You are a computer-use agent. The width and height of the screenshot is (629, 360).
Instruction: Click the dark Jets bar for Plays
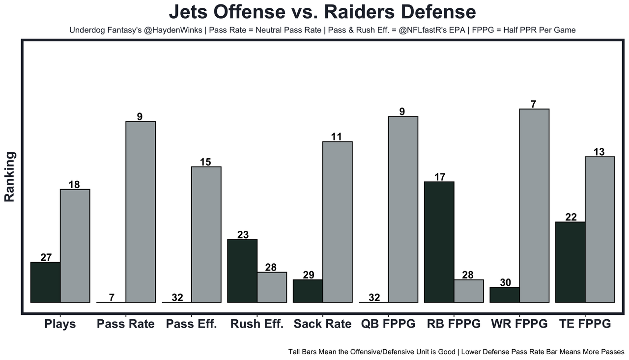click(x=45, y=282)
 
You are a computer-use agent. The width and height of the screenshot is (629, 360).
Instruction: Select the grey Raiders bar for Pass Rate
click(x=141, y=212)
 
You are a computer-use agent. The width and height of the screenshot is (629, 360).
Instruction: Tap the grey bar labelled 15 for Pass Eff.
click(x=206, y=234)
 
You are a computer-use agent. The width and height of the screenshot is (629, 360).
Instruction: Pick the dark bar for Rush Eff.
click(x=242, y=271)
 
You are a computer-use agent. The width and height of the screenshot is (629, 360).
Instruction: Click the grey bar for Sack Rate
click(x=337, y=222)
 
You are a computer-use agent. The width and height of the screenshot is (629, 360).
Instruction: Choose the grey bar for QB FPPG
click(x=403, y=209)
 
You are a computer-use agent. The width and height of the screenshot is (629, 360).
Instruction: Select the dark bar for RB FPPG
click(x=439, y=242)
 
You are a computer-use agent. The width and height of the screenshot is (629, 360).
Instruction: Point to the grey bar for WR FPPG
click(x=534, y=205)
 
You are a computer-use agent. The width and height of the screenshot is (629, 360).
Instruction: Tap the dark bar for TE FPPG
click(x=571, y=262)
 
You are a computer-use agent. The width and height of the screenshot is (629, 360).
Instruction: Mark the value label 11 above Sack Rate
click(x=336, y=137)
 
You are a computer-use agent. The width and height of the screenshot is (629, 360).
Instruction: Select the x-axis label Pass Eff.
click(x=191, y=324)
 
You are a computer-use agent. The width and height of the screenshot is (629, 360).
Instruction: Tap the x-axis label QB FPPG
click(x=388, y=324)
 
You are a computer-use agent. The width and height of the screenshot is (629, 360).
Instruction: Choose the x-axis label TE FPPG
click(x=585, y=324)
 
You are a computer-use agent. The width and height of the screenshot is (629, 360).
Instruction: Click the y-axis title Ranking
click(x=10, y=177)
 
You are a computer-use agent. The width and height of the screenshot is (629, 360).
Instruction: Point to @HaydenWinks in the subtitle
click(x=174, y=30)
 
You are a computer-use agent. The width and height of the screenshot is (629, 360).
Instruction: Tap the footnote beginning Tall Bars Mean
click(x=456, y=352)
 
